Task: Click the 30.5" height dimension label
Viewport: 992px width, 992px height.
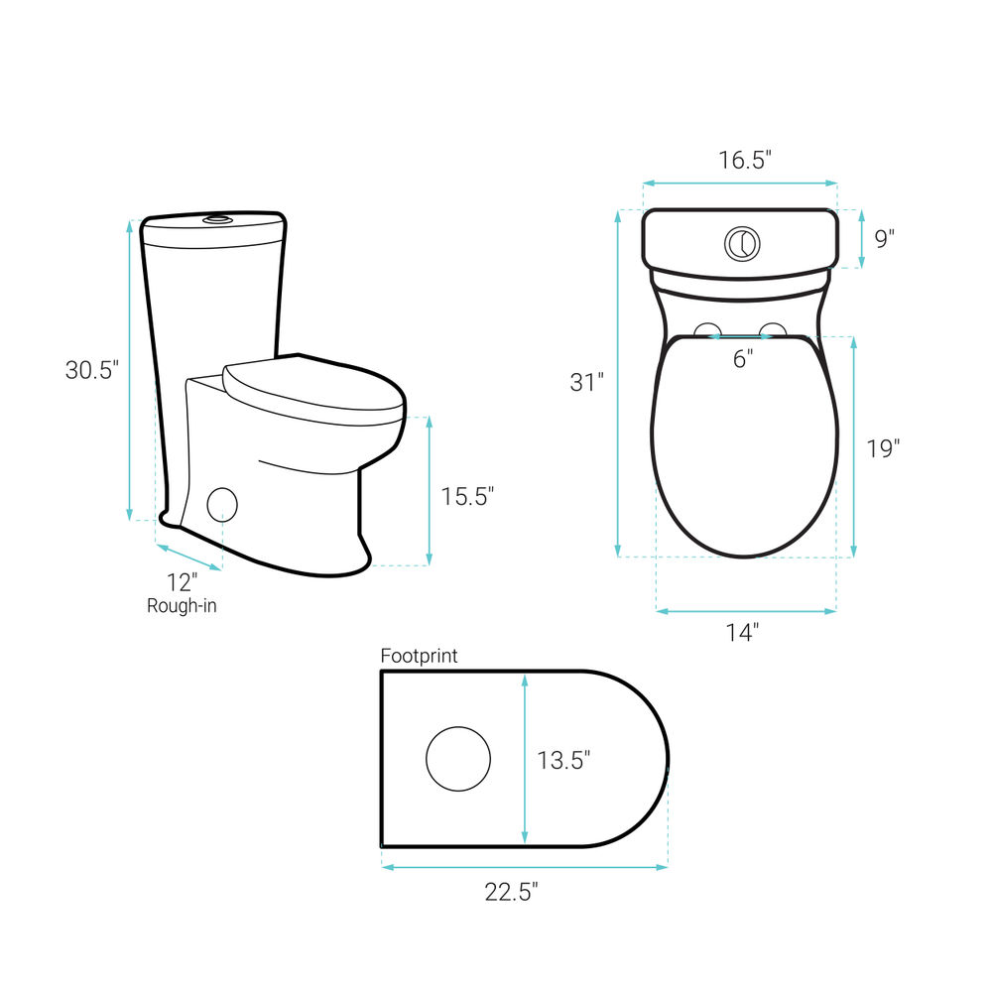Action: tap(91, 370)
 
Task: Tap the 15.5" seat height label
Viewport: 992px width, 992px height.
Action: tap(467, 497)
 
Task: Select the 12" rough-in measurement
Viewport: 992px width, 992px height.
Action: tap(183, 582)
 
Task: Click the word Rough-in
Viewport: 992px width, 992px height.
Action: tap(182, 606)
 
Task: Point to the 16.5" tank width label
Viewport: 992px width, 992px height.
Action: tap(745, 160)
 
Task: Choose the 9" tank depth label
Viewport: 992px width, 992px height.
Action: tap(885, 238)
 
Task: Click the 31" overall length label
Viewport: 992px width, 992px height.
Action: tap(586, 382)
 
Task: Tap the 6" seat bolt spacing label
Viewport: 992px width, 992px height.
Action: tap(743, 359)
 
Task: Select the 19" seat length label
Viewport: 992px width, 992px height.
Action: tap(883, 448)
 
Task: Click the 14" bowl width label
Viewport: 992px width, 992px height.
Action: tap(742, 632)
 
